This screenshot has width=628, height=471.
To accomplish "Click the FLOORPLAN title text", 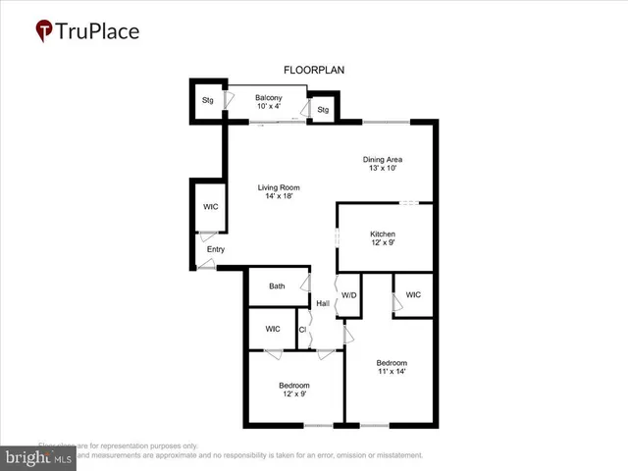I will coord(314,70).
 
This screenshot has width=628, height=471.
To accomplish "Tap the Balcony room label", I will coord(269,98).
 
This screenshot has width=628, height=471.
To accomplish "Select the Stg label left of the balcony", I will coord(208,100).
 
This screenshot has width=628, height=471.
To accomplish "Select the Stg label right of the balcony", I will coord(323,110).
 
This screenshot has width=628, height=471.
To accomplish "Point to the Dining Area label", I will coord(383,159).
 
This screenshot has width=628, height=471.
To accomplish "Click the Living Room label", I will coord(279,187).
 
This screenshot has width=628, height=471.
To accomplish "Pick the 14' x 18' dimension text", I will coord(279,197).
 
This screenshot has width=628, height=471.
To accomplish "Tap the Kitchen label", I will coord(383,234).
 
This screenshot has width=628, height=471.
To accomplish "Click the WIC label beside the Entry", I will coord(211,207).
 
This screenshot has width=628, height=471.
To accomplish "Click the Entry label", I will coord(215,249).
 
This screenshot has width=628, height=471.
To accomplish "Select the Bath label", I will coord(278,287).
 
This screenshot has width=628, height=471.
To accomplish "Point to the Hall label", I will coord(322,303).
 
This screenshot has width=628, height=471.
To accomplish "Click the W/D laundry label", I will coord(348,294).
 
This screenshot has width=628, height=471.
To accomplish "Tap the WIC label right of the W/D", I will coord(413,294).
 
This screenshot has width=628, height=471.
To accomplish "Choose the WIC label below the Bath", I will coord(273,329).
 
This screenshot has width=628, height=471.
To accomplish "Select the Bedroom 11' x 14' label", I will coord(392,362).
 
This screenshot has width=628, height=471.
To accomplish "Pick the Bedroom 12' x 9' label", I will coord(294,385).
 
